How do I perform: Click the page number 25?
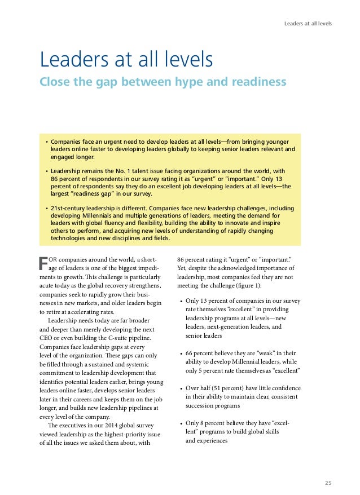point(328,467)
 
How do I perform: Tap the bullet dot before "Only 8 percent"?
point(181,423)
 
